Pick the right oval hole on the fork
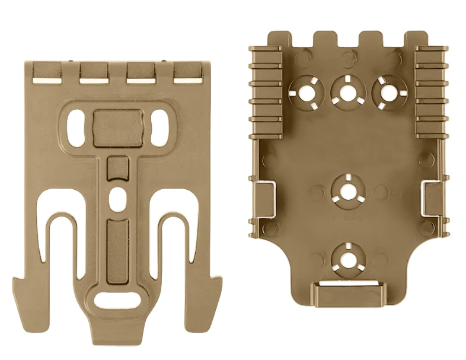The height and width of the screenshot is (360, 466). click(x=159, y=126)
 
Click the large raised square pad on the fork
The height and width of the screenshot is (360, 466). click(x=118, y=128)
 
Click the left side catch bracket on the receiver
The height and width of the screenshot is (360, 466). click(x=264, y=197)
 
